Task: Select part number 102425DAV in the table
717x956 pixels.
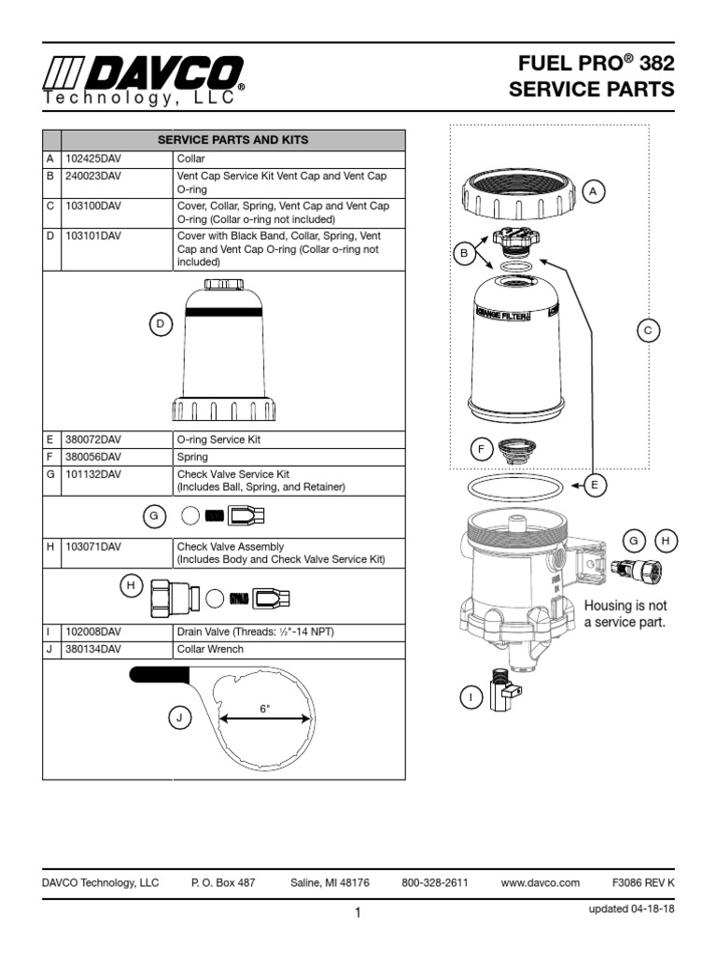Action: click(93, 160)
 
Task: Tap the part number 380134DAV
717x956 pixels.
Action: click(93, 649)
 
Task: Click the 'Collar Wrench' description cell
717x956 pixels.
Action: click(210, 649)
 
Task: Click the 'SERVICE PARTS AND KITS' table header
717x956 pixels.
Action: click(232, 140)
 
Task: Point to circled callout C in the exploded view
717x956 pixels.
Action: click(648, 330)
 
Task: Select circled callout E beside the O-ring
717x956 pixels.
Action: click(594, 484)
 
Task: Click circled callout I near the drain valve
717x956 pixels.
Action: click(471, 696)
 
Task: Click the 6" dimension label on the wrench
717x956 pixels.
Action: click(264, 709)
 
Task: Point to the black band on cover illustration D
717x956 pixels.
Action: click(223, 312)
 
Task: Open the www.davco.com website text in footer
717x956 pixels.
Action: click(540, 882)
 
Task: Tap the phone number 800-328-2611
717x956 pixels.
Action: click(434, 882)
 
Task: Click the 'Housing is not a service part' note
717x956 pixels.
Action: click(625, 614)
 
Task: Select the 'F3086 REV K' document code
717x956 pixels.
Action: click(642, 882)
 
